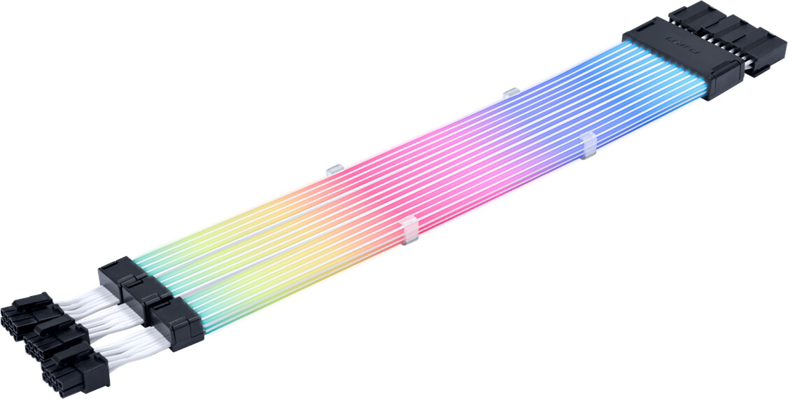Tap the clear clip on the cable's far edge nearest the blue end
click(511, 92)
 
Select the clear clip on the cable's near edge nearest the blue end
click(589, 143)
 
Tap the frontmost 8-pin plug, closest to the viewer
click(73, 371)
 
